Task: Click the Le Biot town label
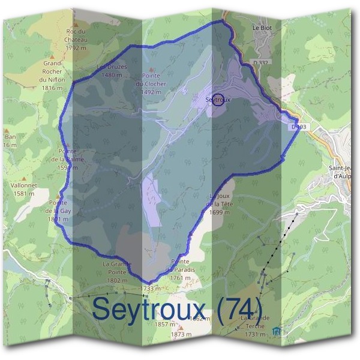click(263, 27)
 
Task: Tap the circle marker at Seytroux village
click(220, 100)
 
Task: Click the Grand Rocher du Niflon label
click(52, 75)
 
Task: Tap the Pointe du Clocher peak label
click(154, 84)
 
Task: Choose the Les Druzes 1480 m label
click(112, 71)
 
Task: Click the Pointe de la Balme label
click(68, 160)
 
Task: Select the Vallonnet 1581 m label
click(24, 190)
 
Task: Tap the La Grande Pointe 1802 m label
click(116, 272)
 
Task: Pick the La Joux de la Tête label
click(220, 204)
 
